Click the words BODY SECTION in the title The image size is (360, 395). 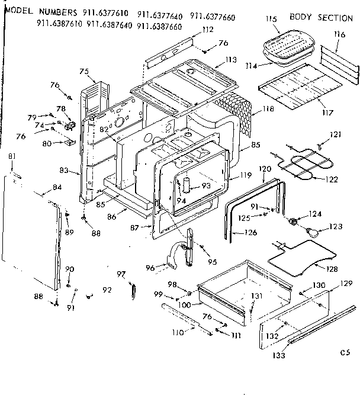(321, 18)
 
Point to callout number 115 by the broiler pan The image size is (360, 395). (271, 20)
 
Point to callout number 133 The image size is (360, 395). (278, 355)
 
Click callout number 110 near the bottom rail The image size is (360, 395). (177, 333)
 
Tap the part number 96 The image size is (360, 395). (150, 268)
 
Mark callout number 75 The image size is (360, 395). (83, 72)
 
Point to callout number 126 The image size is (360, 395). (250, 232)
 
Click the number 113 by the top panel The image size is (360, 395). (230, 60)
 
